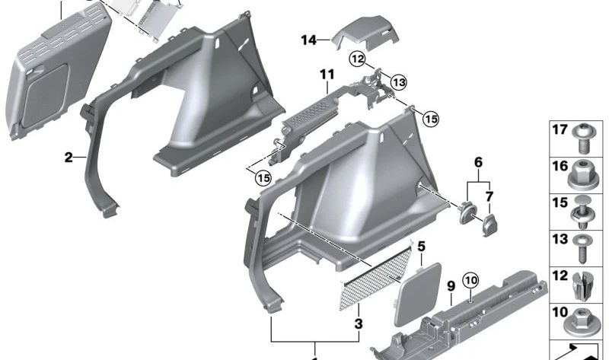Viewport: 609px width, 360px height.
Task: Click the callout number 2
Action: (x=68, y=158)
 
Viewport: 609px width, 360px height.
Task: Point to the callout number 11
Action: (x=327, y=75)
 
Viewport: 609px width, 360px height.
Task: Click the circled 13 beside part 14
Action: (x=398, y=81)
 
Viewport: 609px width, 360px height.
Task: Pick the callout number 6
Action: (x=478, y=163)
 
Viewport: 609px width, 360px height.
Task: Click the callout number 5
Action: (x=421, y=246)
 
